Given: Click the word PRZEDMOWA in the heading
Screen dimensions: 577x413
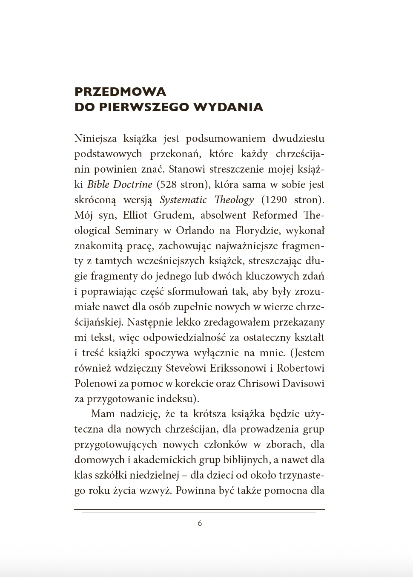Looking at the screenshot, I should (x=120, y=92).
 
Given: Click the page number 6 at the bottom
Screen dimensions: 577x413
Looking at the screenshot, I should (x=200, y=523).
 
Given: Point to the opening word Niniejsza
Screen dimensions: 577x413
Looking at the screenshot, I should (x=95, y=138).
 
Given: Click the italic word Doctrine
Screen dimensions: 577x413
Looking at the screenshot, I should (x=132, y=185).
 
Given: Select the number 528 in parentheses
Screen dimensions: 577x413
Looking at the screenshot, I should (x=167, y=185).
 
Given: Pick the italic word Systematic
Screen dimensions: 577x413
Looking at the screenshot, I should (x=183, y=200).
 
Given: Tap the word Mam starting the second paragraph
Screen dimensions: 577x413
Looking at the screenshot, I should (x=103, y=414).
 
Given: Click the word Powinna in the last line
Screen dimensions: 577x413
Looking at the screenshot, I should (x=195, y=490).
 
